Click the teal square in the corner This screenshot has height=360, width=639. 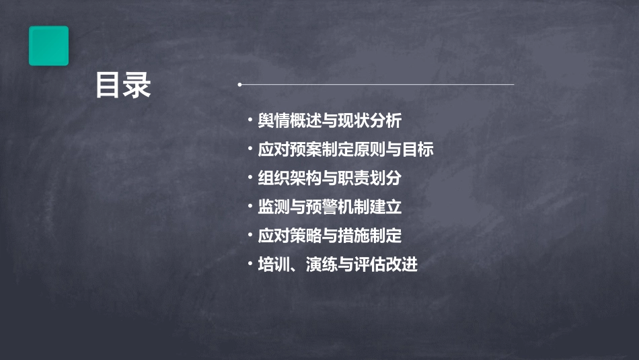click(x=48, y=46)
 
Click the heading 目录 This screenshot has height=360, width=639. click(x=122, y=86)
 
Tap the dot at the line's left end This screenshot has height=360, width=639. click(x=239, y=85)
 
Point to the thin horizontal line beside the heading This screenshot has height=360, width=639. click(x=377, y=85)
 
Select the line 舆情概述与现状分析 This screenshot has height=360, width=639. click(x=330, y=121)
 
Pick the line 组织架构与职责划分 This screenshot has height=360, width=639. click(x=330, y=178)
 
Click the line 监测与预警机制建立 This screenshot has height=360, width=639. click(x=330, y=207)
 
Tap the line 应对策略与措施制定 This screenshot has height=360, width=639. click(x=330, y=236)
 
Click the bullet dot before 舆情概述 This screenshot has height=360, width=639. click(x=250, y=121)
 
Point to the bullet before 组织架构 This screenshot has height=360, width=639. click(x=250, y=178)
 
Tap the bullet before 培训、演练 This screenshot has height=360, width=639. click(x=250, y=264)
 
